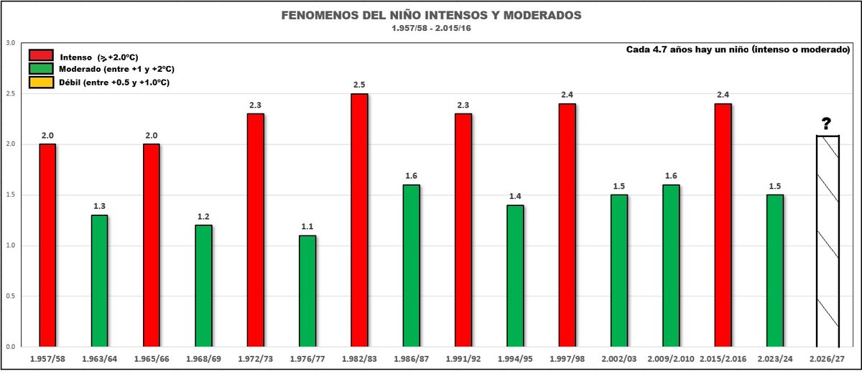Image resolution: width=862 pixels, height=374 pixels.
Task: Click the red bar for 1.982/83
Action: click(x=359, y=220)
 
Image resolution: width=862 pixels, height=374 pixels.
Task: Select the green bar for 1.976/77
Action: click(x=307, y=291)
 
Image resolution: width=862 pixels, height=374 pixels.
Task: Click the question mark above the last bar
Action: click(x=827, y=124)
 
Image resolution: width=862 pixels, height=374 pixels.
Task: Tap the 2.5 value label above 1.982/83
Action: click(x=359, y=85)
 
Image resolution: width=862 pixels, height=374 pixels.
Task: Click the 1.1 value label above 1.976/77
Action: click(x=307, y=227)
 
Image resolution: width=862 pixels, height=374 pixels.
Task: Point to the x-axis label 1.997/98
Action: click(x=567, y=357)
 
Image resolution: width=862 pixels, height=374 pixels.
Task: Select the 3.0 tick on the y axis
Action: click(x=10, y=43)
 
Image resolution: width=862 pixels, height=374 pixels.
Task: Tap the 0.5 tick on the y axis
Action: click(x=10, y=296)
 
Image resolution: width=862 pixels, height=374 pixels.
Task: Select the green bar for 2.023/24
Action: click(x=775, y=271)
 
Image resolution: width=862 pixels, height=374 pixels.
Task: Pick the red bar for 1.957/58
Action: click(x=47, y=245)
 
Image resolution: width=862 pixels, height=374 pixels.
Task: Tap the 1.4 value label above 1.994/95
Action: click(x=515, y=196)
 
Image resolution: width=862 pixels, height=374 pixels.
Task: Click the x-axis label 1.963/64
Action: click(x=100, y=357)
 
